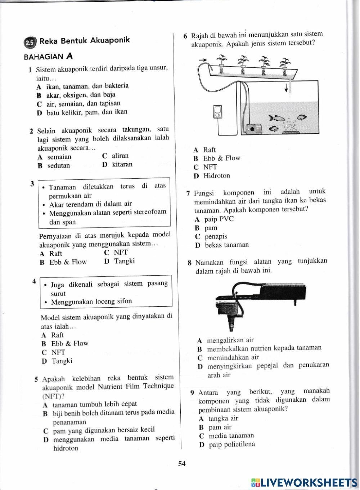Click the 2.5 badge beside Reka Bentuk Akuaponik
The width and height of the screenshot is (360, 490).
click(x=30, y=43)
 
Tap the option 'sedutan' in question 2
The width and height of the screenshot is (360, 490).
click(x=59, y=166)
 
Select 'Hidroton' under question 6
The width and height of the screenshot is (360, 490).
click(x=216, y=176)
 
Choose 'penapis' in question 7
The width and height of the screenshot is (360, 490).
click(x=216, y=237)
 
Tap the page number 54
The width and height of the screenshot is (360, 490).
click(x=181, y=464)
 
